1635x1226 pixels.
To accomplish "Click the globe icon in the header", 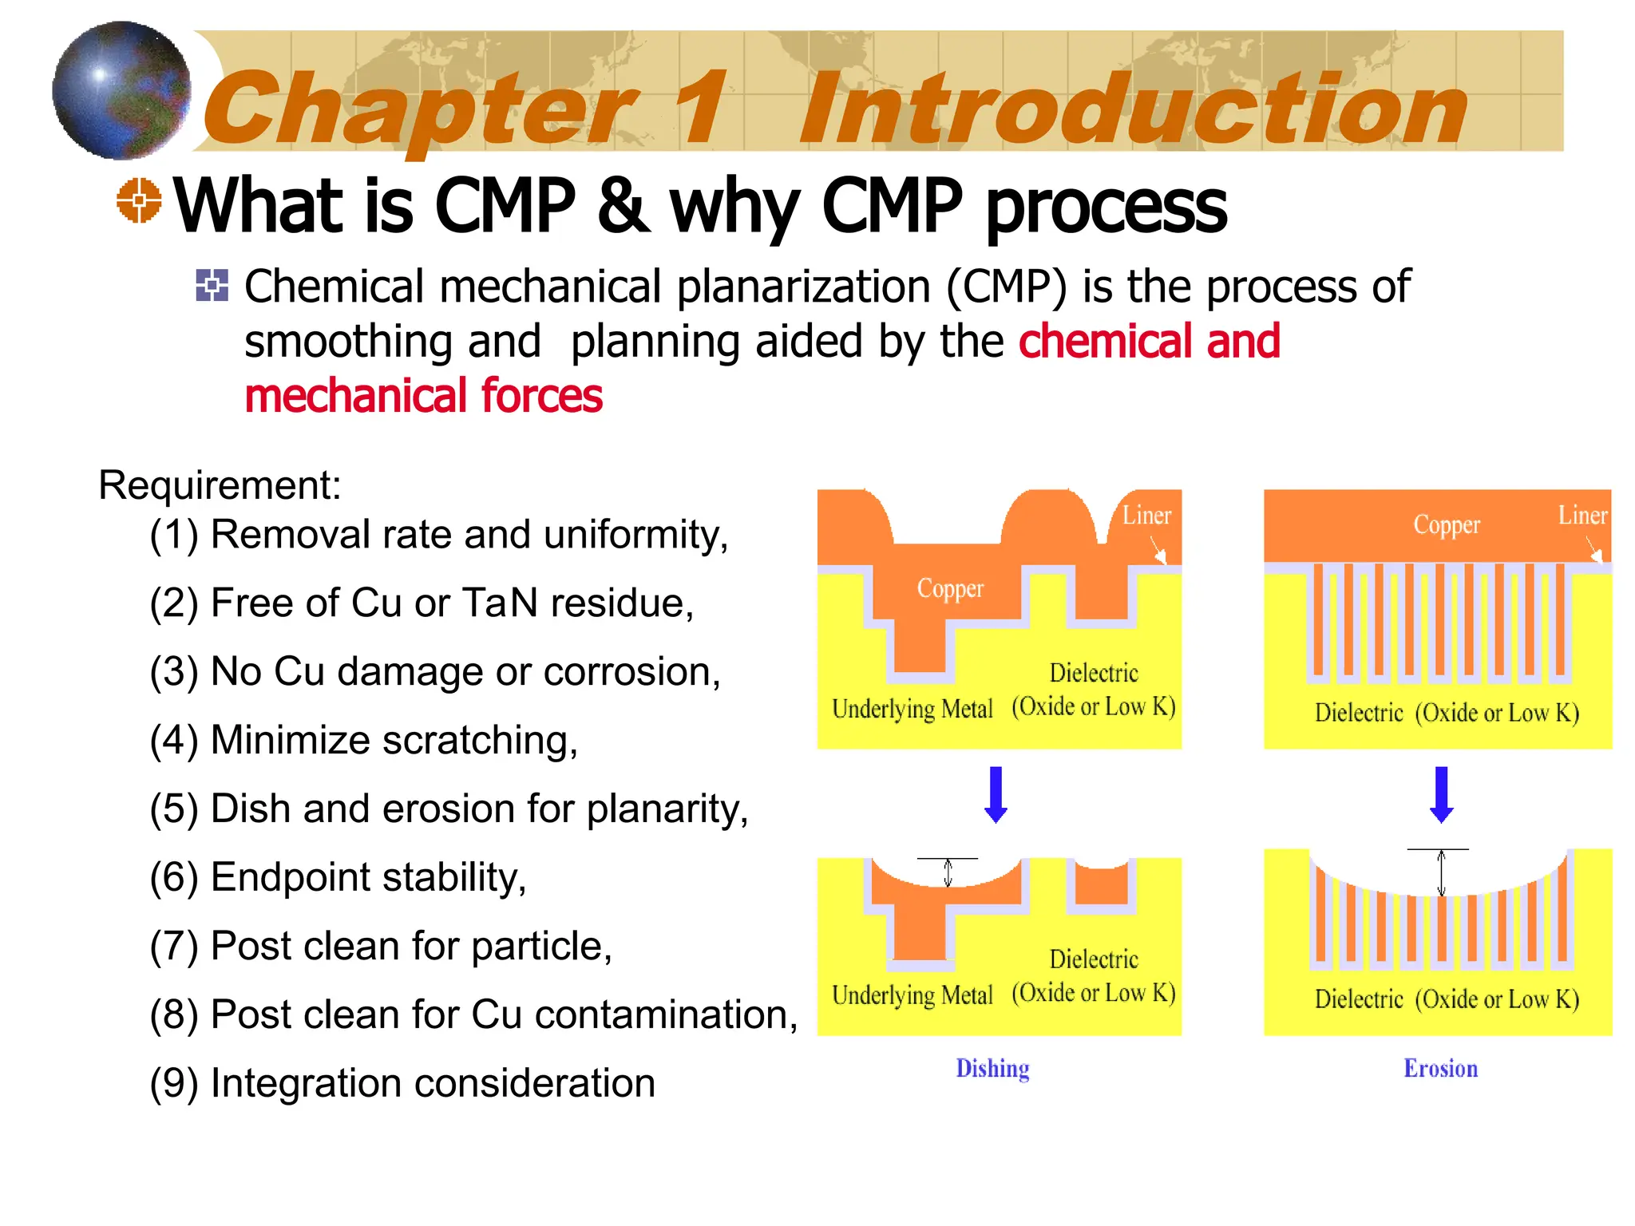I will [121, 89].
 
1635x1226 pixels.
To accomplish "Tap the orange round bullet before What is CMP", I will [139, 200].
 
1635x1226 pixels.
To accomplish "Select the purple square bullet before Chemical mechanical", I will [212, 286].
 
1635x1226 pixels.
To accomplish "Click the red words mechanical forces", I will [423, 396].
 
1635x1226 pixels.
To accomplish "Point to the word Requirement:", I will [220, 484].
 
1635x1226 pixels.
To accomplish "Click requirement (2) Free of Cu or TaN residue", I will [422, 603].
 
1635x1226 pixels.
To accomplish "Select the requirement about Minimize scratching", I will [363, 740].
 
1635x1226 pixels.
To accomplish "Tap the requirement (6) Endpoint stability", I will [338, 877].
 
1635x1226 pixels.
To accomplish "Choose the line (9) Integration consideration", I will [402, 1083].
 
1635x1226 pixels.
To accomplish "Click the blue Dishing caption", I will [992, 1068].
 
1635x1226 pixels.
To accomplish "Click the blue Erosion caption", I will [1440, 1068].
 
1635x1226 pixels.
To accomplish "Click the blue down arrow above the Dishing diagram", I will [996, 794].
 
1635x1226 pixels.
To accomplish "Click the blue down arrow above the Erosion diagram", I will [1441, 794].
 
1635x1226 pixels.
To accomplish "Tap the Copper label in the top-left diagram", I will [950, 588].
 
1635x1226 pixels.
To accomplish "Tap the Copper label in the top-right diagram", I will [1447, 524].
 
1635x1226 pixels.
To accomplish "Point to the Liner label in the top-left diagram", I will [1146, 516].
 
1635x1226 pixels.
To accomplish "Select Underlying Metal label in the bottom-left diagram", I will [912, 995].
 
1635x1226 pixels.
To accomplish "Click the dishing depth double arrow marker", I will [948, 872].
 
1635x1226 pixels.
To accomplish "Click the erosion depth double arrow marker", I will [1441, 872].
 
